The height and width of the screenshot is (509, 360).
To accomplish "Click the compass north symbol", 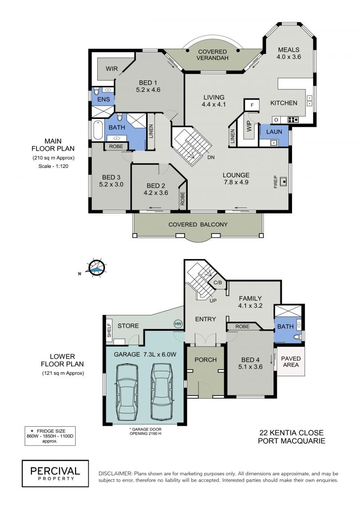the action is tap(97, 268).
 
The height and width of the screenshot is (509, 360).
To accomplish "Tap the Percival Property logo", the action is tap(55, 473).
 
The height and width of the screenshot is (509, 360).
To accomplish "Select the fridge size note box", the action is tap(50, 436).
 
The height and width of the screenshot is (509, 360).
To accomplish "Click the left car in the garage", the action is tap(127, 392).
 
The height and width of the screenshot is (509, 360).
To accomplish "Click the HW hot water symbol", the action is tap(178, 324).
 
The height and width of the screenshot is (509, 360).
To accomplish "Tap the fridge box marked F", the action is tap(252, 105).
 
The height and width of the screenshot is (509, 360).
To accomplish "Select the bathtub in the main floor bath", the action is tap(98, 130).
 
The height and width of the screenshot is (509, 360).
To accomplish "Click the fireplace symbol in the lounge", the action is tap(283, 181).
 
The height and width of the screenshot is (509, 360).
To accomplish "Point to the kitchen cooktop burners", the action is tap(293, 120).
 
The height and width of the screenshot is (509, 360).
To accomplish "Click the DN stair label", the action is tap(211, 157).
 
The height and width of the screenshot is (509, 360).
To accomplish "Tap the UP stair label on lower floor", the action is tap(213, 301).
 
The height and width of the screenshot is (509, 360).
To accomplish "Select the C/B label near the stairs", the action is tap(218, 283).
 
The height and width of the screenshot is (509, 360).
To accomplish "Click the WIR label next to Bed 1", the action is tap(112, 69).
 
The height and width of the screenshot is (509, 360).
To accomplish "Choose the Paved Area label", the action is tap(291, 362).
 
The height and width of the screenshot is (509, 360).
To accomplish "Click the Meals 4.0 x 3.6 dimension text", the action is tap(288, 57).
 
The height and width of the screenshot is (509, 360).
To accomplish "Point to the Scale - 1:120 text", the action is tap(53, 166).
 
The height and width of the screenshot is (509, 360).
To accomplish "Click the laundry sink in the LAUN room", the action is tap(273, 143).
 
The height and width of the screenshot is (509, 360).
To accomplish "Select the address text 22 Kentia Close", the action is tap(292, 432).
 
